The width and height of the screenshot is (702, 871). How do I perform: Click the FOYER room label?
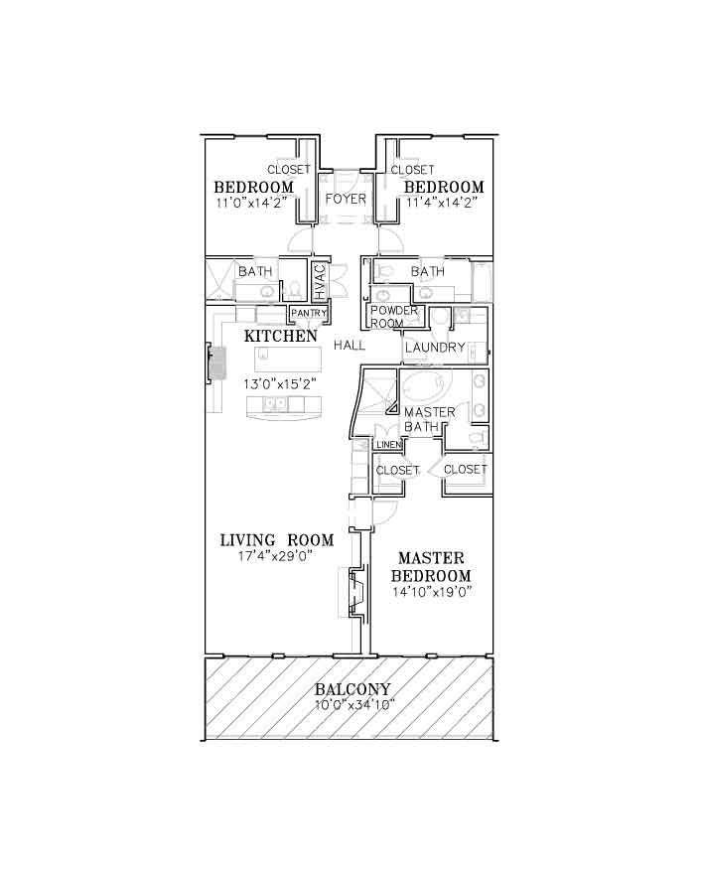(346, 199)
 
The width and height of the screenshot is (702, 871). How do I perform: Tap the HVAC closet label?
(321, 282)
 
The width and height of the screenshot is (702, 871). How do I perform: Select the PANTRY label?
(309, 313)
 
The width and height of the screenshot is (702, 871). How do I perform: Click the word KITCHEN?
(280, 336)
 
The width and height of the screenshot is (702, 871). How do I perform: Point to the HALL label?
(350, 345)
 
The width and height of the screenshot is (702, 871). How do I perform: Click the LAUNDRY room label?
(435, 348)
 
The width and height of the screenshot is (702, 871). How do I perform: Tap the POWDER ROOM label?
(393, 316)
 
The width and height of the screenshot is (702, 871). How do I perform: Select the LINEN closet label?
(389, 445)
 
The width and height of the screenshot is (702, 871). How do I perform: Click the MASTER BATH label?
(429, 419)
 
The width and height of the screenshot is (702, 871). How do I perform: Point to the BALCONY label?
(352, 689)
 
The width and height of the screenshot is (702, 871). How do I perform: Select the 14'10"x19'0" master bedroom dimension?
(432, 592)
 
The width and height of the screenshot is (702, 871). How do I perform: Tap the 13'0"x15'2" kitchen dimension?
(280, 383)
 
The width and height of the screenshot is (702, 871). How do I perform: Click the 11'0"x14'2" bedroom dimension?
(251, 203)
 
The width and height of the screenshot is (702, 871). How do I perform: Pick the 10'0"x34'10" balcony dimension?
(354, 705)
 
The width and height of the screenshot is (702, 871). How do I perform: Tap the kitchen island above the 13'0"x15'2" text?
(288, 359)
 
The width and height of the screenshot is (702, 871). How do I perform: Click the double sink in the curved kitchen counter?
(274, 403)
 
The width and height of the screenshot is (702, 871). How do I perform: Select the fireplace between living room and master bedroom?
(355, 592)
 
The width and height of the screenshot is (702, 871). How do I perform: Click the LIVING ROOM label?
(277, 540)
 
